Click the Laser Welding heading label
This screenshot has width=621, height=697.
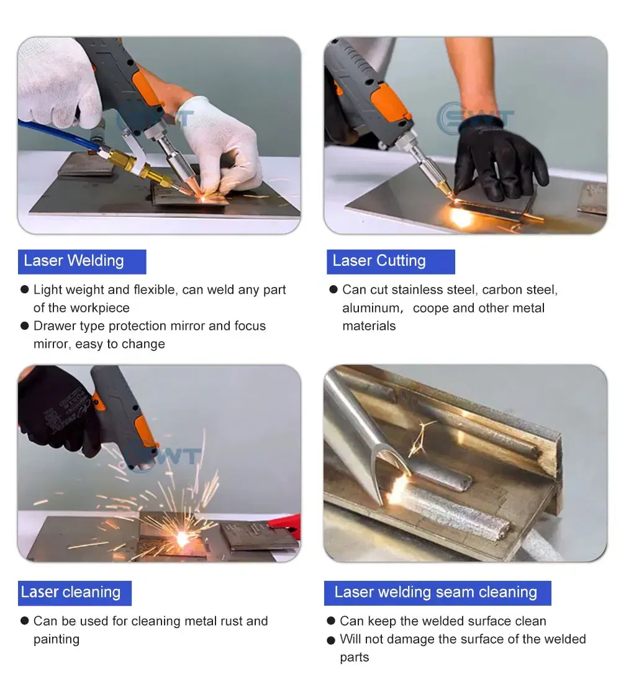(x=82, y=262)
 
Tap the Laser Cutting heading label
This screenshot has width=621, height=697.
(x=391, y=262)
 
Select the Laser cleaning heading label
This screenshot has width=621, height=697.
(x=75, y=593)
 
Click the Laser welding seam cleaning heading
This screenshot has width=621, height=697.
(x=437, y=593)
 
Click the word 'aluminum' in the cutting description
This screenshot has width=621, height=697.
(x=371, y=308)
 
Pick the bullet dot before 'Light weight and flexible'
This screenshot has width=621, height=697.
(x=24, y=290)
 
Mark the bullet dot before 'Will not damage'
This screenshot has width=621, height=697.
(x=330, y=640)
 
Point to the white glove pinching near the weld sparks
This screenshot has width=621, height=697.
(x=219, y=147)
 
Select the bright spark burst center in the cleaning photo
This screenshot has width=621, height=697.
(x=182, y=538)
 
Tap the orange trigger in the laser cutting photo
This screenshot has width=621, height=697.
(x=387, y=104)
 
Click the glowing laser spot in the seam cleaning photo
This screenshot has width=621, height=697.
(x=396, y=489)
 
